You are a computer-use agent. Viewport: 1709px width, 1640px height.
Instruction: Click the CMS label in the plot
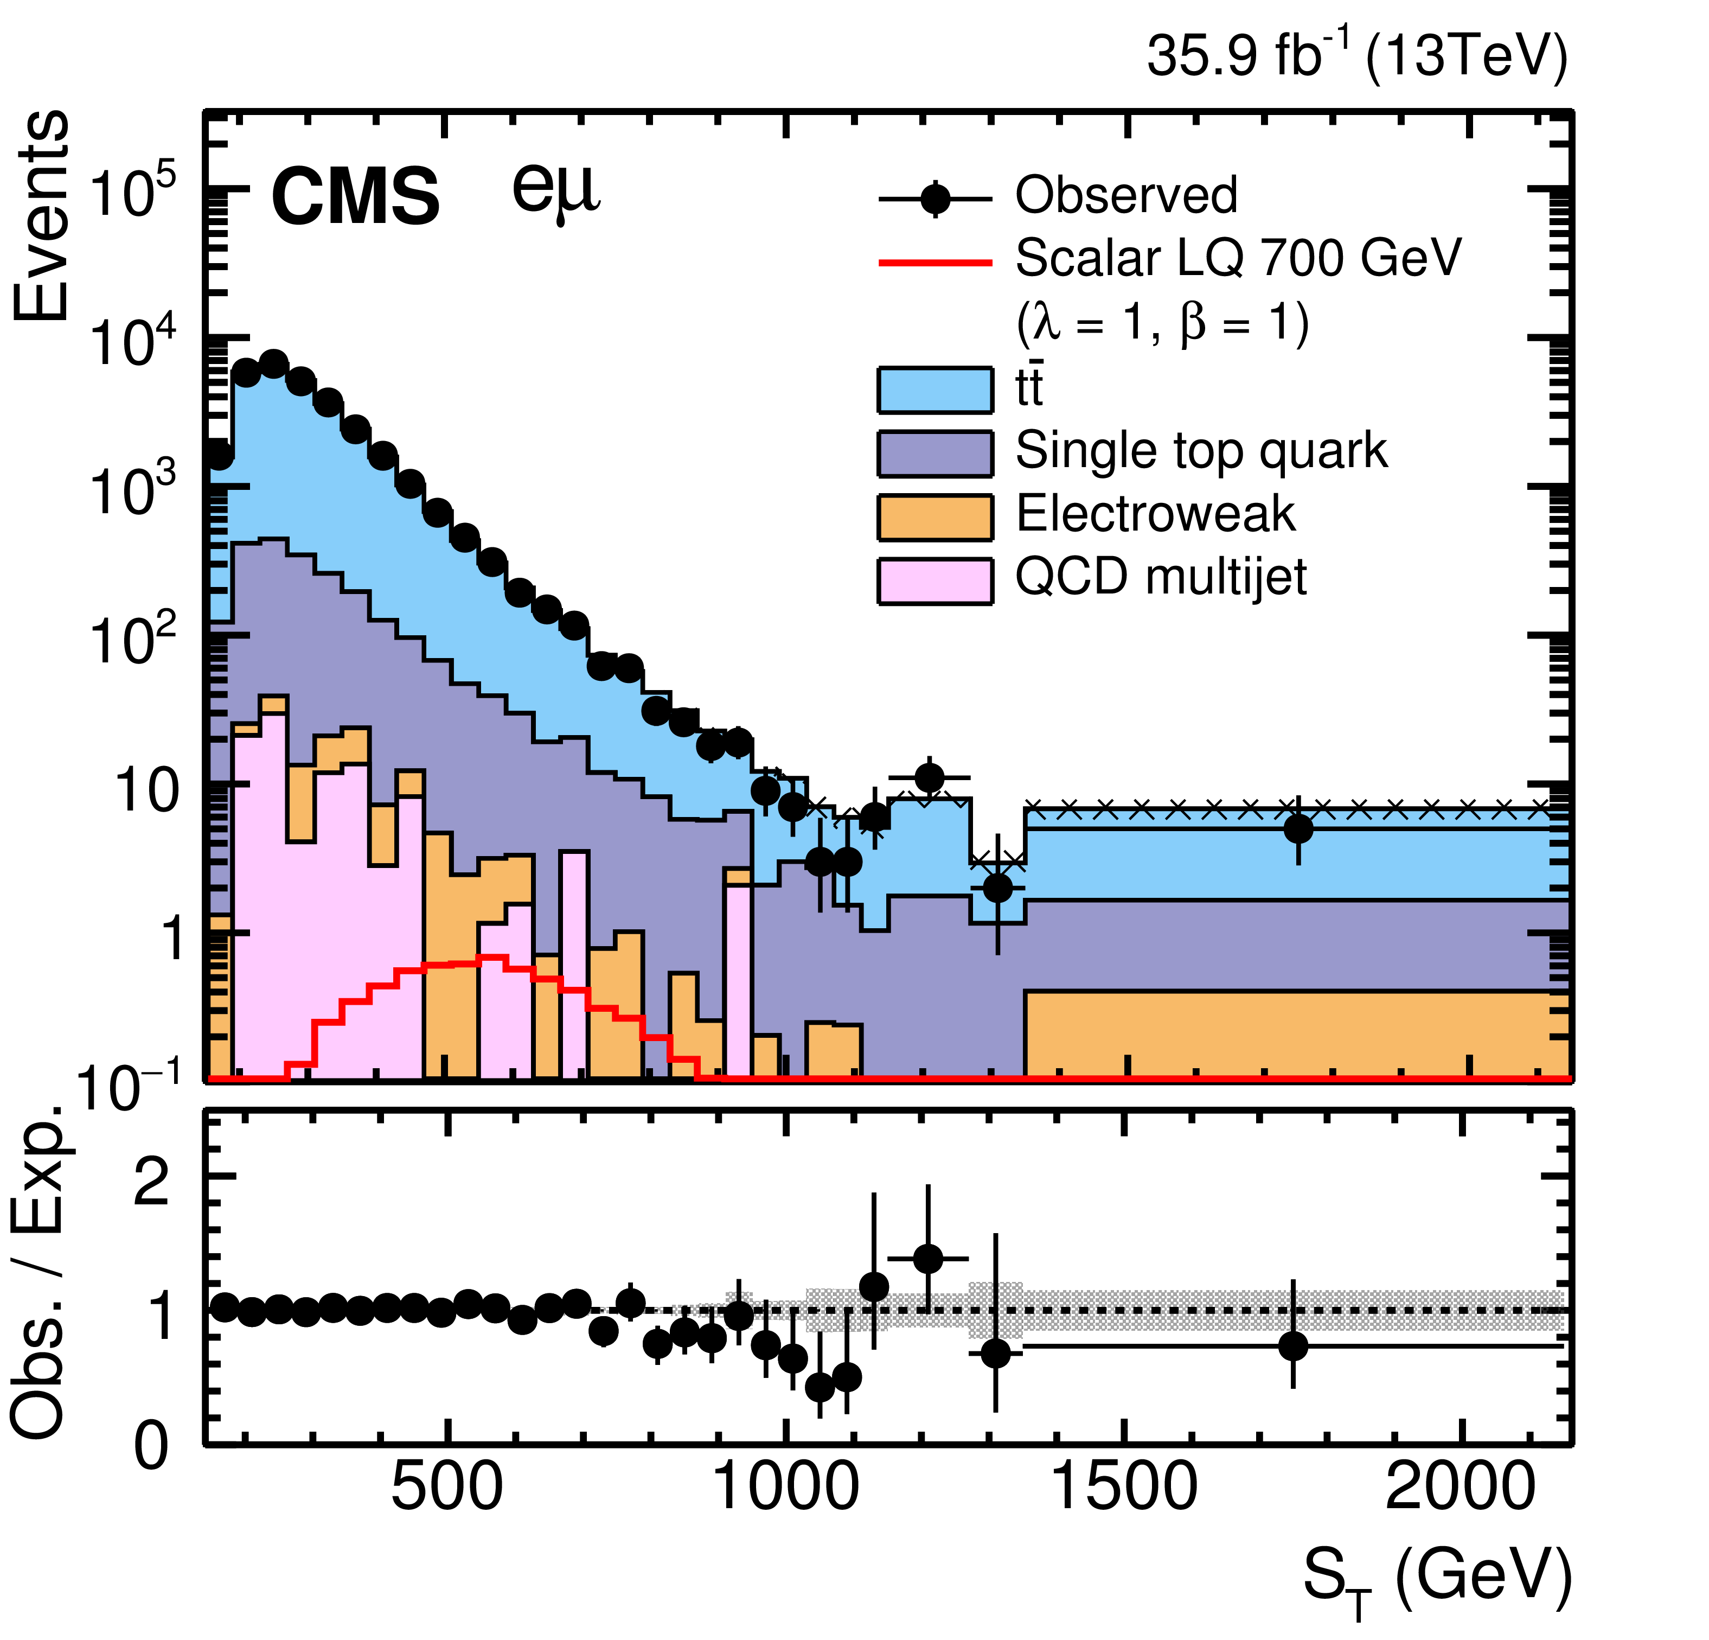coord(356,197)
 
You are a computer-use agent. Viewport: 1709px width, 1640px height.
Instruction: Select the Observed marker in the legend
coord(936,199)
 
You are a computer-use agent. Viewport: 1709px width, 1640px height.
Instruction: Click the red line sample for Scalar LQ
coord(936,261)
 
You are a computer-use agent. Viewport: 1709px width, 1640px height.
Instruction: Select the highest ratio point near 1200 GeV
coord(928,1259)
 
